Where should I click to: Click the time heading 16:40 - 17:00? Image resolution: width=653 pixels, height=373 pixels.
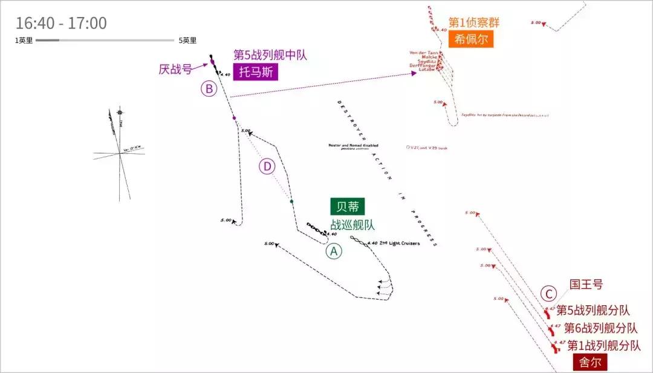click(61, 24)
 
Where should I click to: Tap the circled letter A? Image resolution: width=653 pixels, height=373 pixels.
click(334, 251)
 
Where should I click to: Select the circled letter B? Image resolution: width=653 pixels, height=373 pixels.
click(209, 89)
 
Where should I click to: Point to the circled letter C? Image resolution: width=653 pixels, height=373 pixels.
click(548, 294)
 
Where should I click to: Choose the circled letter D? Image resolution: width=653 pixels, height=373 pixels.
click(267, 167)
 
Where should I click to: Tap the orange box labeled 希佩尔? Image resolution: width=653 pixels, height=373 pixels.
click(471, 40)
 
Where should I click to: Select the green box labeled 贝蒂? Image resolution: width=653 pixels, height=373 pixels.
click(348, 207)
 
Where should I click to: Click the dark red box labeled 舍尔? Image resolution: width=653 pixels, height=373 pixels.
click(590, 362)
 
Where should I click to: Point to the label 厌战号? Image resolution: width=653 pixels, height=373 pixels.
click(175, 70)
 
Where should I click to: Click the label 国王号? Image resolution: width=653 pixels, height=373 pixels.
click(586, 284)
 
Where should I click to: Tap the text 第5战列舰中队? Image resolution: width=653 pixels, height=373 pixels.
click(270, 55)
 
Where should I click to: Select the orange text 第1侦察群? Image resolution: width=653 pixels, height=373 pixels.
click(474, 23)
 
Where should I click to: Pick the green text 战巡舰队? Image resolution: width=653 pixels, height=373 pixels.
click(352, 225)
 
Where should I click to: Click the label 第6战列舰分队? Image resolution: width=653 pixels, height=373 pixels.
click(600, 328)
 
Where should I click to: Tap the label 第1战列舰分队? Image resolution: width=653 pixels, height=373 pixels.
click(603, 346)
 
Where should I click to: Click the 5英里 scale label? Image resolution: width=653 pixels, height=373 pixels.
click(187, 41)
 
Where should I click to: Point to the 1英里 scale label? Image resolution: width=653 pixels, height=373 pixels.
click(24, 41)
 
